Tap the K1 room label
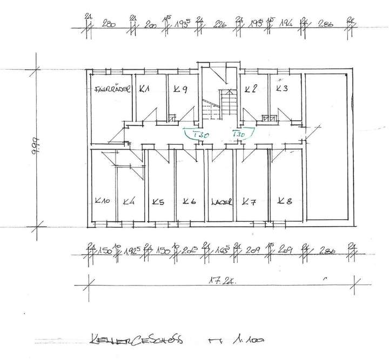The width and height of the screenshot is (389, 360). click(144, 89)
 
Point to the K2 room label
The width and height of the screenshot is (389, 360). click(250, 89)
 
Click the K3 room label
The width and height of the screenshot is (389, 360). click(281, 89)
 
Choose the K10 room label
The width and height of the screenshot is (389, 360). click(102, 202)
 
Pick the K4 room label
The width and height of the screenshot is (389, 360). click(129, 202)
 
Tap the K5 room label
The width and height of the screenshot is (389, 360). click(158, 202)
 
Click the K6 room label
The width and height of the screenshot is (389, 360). click(189, 202)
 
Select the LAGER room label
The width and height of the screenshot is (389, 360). click(222, 203)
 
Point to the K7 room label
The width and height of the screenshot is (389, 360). click(249, 202)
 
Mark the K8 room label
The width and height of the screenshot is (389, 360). click(285, 201)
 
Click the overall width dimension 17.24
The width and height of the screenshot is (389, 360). click(222, 281)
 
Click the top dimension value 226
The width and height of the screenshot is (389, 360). click(220, 25)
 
